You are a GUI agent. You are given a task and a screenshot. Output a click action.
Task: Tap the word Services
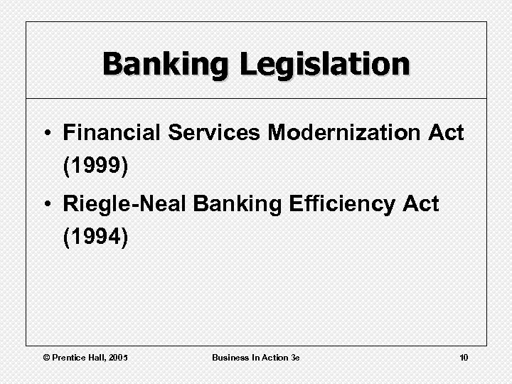click(x=203, y=132)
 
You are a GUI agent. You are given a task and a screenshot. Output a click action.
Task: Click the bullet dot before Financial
click(x=48, y=133)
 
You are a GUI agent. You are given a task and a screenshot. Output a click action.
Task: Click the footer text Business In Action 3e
click(x=256, y=356)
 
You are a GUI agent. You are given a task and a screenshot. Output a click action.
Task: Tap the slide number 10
click(x=464, y=356)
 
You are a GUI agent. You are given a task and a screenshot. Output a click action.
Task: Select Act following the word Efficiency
click(x=420, y=205)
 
